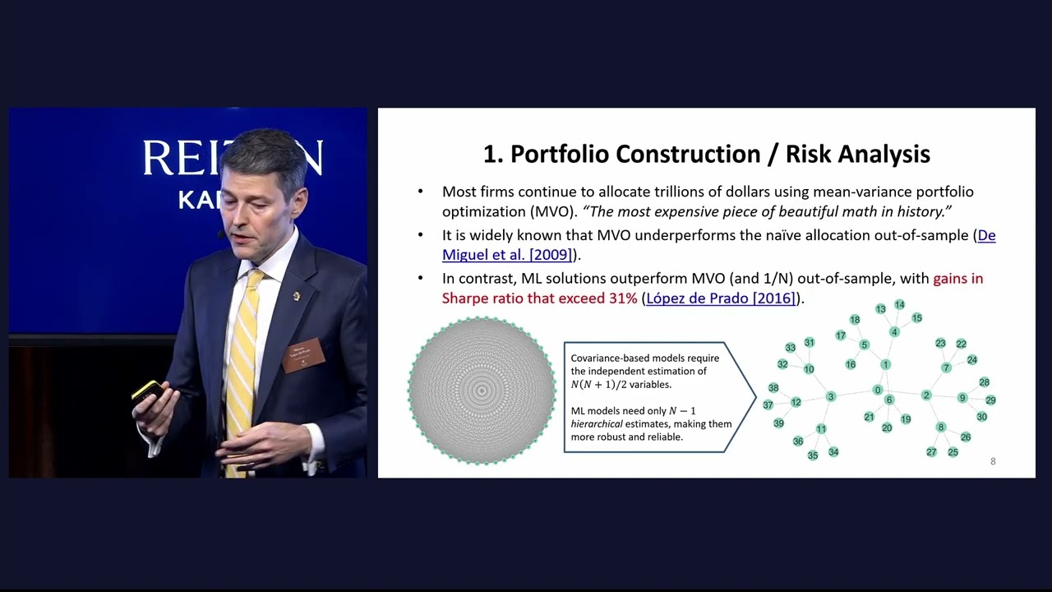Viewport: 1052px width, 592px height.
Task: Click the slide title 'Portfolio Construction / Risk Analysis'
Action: [706, 154]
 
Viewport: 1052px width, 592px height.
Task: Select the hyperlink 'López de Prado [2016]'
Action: [721, 298]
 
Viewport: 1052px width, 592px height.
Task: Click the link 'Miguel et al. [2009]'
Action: [507, 255]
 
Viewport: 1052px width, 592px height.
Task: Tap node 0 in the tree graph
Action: [878, 390]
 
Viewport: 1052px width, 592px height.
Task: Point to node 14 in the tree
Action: [899, 305]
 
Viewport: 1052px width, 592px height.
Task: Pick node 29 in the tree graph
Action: [990, 400]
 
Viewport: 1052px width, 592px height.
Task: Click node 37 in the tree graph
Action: [768, 405]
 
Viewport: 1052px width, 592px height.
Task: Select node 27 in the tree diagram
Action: [931, 452]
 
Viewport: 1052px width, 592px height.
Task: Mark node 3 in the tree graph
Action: [831, 397]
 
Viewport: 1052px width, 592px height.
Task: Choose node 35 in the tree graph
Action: [813, 456]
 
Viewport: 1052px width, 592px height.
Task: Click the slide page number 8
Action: [993, 461]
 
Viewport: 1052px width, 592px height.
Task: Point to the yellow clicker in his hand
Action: [147, 390]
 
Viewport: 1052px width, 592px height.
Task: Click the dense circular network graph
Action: [482, 390]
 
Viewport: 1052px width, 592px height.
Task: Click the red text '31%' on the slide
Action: [623, 298]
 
